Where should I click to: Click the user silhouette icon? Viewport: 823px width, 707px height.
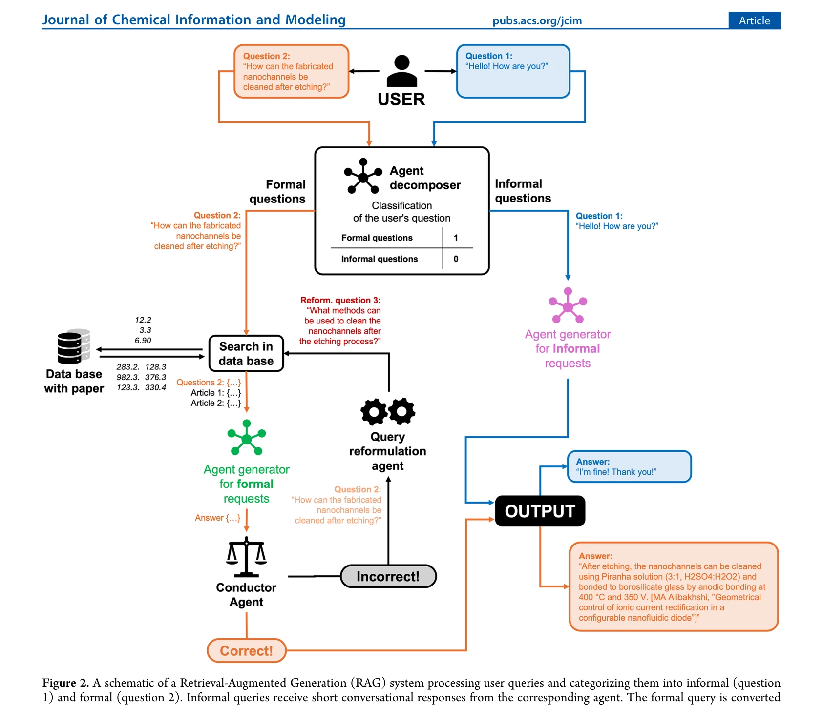402,71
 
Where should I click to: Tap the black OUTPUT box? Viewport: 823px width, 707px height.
540,511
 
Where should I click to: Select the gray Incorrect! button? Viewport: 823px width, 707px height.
388,576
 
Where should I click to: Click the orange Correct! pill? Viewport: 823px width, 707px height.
247,650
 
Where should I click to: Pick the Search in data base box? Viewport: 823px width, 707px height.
246,353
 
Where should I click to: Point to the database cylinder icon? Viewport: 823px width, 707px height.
74,346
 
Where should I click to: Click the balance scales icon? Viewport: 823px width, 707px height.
247,557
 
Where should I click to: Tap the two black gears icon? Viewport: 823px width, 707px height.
388,411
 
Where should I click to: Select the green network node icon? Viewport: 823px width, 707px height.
247,438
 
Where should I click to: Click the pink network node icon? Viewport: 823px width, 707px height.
568,305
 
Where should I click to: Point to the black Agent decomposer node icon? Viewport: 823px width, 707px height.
363,176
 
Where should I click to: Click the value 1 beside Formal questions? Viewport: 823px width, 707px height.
456,238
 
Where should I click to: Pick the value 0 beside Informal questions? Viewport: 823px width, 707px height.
456,259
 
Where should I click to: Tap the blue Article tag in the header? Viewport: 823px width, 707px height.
754,20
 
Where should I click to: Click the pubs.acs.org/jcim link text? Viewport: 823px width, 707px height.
537,20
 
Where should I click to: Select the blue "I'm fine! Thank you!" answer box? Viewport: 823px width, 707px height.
630,466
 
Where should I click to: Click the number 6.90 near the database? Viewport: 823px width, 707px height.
143,340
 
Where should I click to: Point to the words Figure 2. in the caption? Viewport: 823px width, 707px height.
65,683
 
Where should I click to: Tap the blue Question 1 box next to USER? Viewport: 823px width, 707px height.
513,71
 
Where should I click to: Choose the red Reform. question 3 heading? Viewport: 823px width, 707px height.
340,300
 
